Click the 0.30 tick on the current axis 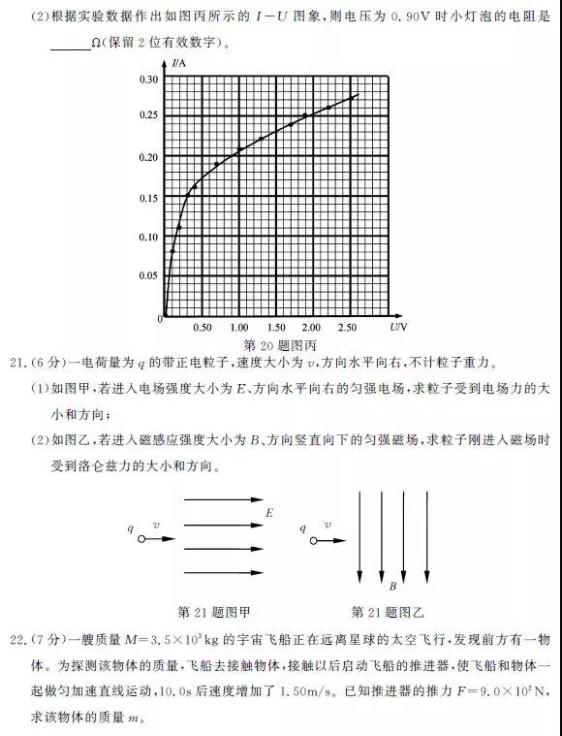coord(148,79)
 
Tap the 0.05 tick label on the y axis coord(148,276)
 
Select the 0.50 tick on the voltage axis coord(203,327)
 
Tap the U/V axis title coord(398,326)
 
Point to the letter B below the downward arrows coord(392,587)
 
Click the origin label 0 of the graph coord(159,318)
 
